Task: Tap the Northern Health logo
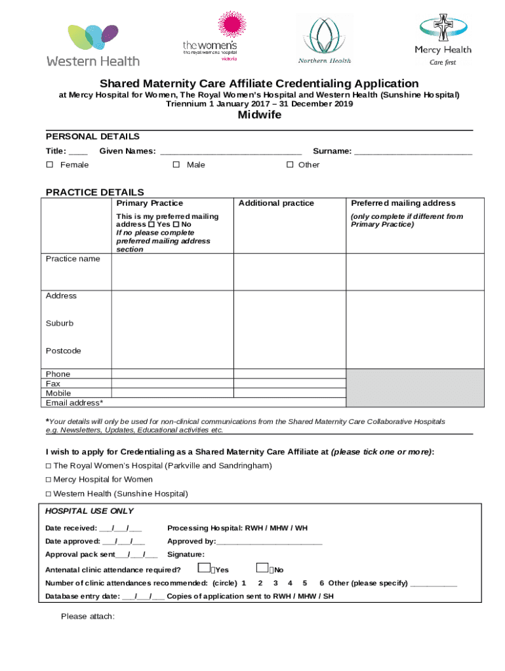(x=324, y=39)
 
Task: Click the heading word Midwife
(x=259, y=115)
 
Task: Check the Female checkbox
(x=50, y=165)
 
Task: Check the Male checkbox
(x=176, y=165)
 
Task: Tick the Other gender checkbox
(x=290, y=165)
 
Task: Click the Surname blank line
(x=413, y=152)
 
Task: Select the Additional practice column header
(x=276, y=203)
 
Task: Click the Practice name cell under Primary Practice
(x=172, y=271)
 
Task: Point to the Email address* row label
(x=74, y=402)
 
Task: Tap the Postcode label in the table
(x=64, y=351)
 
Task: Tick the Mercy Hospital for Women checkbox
(x=49, y=480)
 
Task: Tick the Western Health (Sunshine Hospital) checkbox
(x=49, y=493)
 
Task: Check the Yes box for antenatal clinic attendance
(x=205, y=568)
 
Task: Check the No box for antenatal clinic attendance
(x=262, y=568)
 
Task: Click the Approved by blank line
(x=269, y=542)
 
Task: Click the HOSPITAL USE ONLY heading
(x=89, y=511)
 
